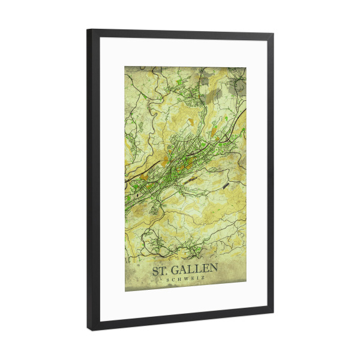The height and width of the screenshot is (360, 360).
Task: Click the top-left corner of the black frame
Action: click(x=88, y=29)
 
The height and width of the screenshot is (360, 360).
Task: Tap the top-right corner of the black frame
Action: click(x=273, y=34)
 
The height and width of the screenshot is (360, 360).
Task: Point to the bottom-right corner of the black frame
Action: click(x=273, y=313)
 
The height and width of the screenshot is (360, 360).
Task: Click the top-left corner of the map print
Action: click(x=125, y=67)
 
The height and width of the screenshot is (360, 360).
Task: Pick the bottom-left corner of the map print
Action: click(x=125, y=292)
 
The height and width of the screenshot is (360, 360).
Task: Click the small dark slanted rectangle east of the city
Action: click(x=226, y=186)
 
